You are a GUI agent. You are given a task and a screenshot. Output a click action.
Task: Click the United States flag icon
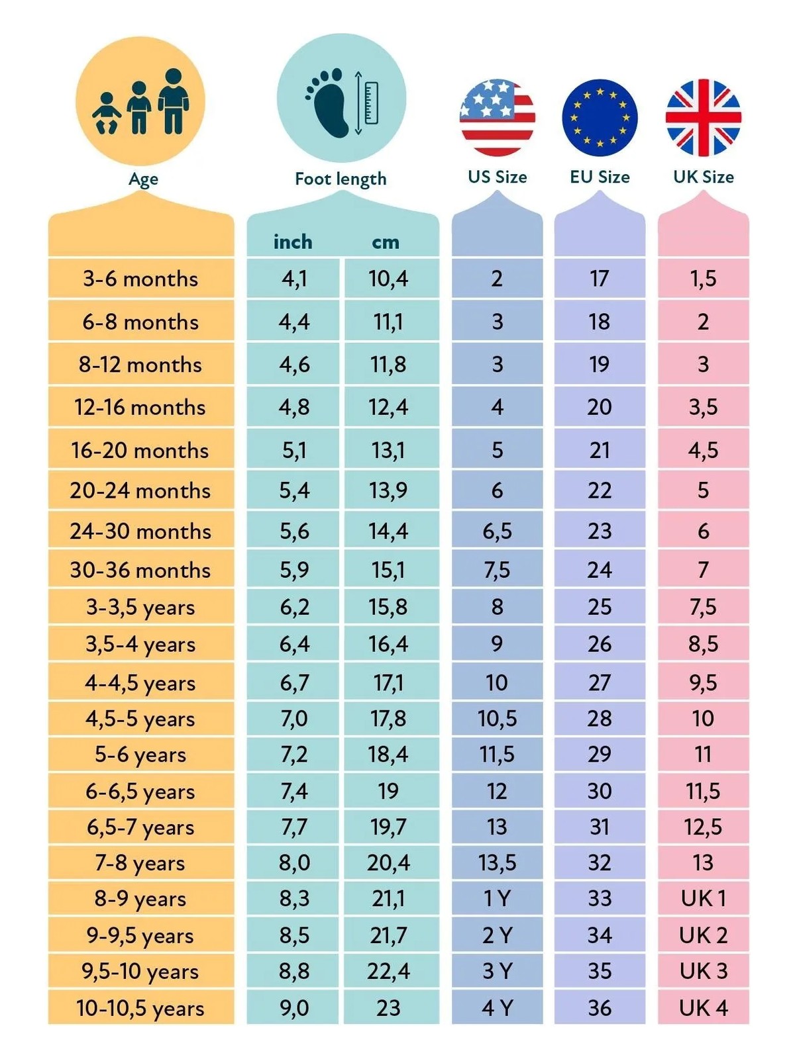[x=497, y=118]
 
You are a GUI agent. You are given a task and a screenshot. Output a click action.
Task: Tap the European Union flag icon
[x=600, y=118]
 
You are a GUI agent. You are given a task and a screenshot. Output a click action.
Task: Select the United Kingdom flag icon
[x=704, y=118]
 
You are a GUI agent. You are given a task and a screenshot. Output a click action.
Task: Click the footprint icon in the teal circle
[x=327, y=103]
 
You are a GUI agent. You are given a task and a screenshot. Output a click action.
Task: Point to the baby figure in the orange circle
[x=107, y=113]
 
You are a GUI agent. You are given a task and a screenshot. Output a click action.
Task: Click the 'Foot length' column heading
[x=341, y=179]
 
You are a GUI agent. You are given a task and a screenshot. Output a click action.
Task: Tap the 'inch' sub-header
[x=293, y=242]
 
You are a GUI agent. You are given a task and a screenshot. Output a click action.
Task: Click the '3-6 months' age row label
[x=140, y=279]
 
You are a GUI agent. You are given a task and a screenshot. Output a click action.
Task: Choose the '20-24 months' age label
[x=140, y=490]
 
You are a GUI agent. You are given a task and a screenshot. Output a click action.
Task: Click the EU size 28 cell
[x=600, y=718]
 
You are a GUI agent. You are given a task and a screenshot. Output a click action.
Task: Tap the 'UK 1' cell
[x=704, y=898]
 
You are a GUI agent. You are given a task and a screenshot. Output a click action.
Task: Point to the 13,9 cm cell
[x=389, y=491]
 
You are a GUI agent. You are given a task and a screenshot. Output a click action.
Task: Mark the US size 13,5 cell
[x=497, y=862]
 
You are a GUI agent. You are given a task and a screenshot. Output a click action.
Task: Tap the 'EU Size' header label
[x=600, y=177]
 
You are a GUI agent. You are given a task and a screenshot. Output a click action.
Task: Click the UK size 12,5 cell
[x=704, y=827]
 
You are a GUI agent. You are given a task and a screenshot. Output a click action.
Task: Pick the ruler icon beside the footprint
[x=371, y=103]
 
